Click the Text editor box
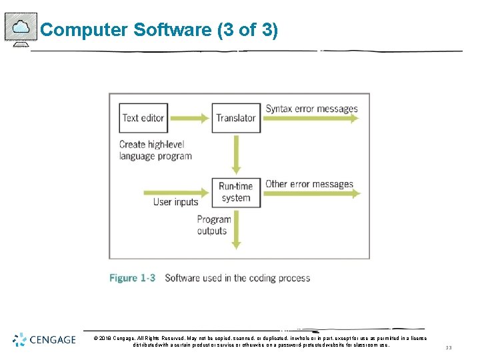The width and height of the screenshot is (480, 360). point(143,118)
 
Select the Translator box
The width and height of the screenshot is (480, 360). point(235,118)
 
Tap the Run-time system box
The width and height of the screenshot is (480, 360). point(235,191)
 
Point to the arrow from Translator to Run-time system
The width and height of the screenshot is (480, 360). point(235,155)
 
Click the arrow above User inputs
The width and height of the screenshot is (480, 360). point(177,193)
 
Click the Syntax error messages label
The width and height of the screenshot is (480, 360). point(311,109)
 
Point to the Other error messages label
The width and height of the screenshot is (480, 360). point(309,184)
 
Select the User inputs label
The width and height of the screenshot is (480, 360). point(176,202)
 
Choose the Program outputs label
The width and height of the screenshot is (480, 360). point(213,225)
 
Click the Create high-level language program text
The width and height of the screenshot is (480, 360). point(155,150)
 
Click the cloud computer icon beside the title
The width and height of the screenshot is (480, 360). point(21,29)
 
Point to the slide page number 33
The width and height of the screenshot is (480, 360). point(448,347)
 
